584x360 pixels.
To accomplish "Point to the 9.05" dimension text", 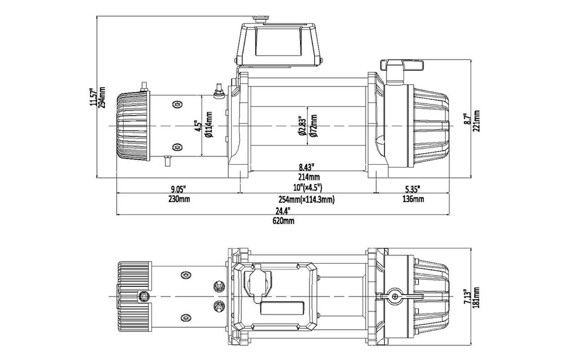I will pyautogui.click(x=178, y=189).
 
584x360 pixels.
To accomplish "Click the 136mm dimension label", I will pyautogui.click(x=413, y=199).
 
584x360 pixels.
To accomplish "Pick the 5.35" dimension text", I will pyautogui.click(x=412, y=189).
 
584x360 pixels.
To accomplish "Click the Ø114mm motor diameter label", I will pyautogui.click(x=208, y=127).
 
